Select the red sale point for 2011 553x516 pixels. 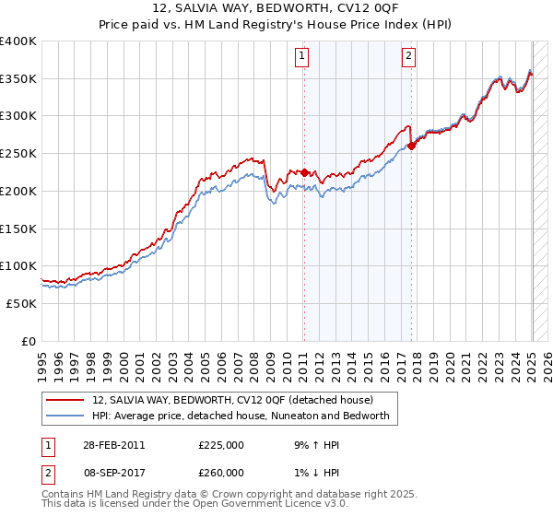[x=303, y=172]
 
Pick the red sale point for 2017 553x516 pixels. [x=411, y=147]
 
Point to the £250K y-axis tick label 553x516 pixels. [x=18, y=154]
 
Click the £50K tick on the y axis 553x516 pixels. [x=22, y=303]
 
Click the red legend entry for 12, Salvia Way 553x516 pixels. [x=231, y=400]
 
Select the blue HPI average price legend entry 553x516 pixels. [x=241, y=416]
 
